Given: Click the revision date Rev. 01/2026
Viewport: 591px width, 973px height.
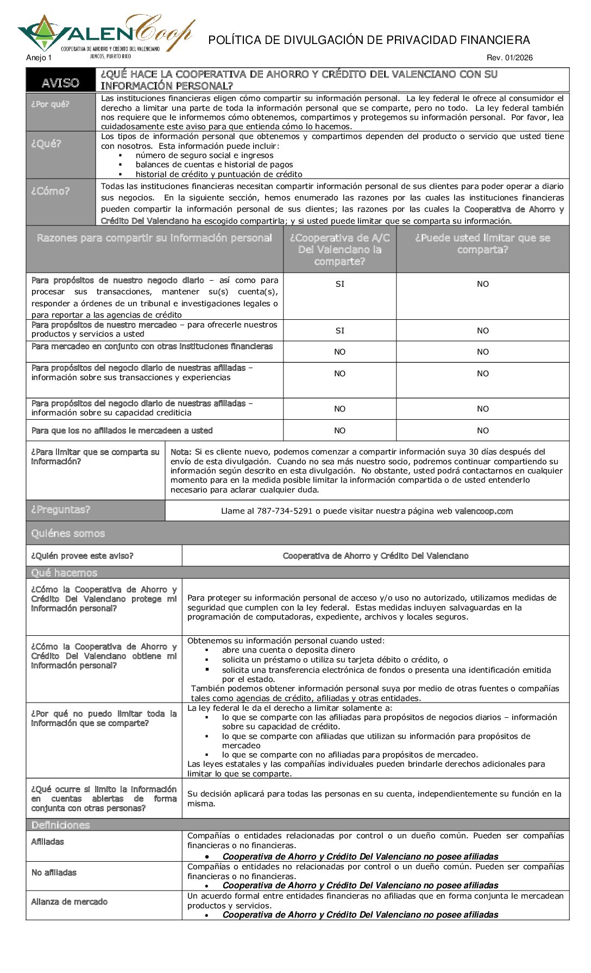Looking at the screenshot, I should point(510,58).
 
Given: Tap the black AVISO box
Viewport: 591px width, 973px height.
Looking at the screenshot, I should point(60,83).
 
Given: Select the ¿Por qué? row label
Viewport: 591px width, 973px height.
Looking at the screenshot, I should point(50,104).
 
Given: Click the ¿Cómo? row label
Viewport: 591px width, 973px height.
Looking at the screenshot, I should point(50,191).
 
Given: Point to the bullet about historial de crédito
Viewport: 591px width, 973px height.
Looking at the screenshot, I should point(219,174).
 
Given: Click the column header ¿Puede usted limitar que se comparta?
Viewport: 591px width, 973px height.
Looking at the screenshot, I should point(482,244).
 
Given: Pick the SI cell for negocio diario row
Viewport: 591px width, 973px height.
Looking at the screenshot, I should point(339,284).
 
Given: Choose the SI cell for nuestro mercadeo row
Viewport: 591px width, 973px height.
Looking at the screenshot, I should point(339,331).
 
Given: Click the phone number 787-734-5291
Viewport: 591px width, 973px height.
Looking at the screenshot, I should point(285,511).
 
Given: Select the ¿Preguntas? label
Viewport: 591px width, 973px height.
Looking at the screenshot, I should point(61,510).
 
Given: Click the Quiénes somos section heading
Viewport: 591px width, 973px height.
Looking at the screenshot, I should point(68,534).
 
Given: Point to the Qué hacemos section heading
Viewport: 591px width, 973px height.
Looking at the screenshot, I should point(64,573).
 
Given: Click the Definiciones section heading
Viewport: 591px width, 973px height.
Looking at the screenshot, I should point(60,825).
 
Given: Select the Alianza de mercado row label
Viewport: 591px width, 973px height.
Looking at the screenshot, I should point(69,902).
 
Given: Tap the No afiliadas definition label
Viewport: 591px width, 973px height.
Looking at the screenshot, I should point(54,873).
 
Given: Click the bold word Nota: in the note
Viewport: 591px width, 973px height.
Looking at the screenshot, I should point(181,452).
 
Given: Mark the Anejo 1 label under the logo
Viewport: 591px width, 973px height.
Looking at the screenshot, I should point(39,58).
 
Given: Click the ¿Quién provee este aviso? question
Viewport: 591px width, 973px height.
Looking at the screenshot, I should point(82,556).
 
